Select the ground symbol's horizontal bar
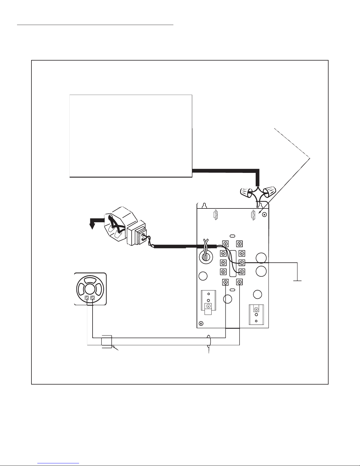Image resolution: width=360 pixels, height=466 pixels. click(297, 281)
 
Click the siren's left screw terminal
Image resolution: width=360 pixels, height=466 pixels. click(87, 298)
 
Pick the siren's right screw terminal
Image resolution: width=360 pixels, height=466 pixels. click(93, 298)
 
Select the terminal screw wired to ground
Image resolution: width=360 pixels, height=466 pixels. click(242, 262)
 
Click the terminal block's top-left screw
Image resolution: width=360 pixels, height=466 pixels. click(225, 243)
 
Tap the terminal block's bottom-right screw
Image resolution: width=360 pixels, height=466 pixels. click(240, 282)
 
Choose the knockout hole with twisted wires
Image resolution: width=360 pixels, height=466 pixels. click(205, 256)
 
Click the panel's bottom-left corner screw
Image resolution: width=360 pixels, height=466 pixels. click(201, 324)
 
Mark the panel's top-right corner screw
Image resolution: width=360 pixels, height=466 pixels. click(264, 215)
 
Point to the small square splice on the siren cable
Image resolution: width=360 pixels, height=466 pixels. click(106, 342)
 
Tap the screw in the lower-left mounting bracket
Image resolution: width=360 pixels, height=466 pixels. click(208, 306)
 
